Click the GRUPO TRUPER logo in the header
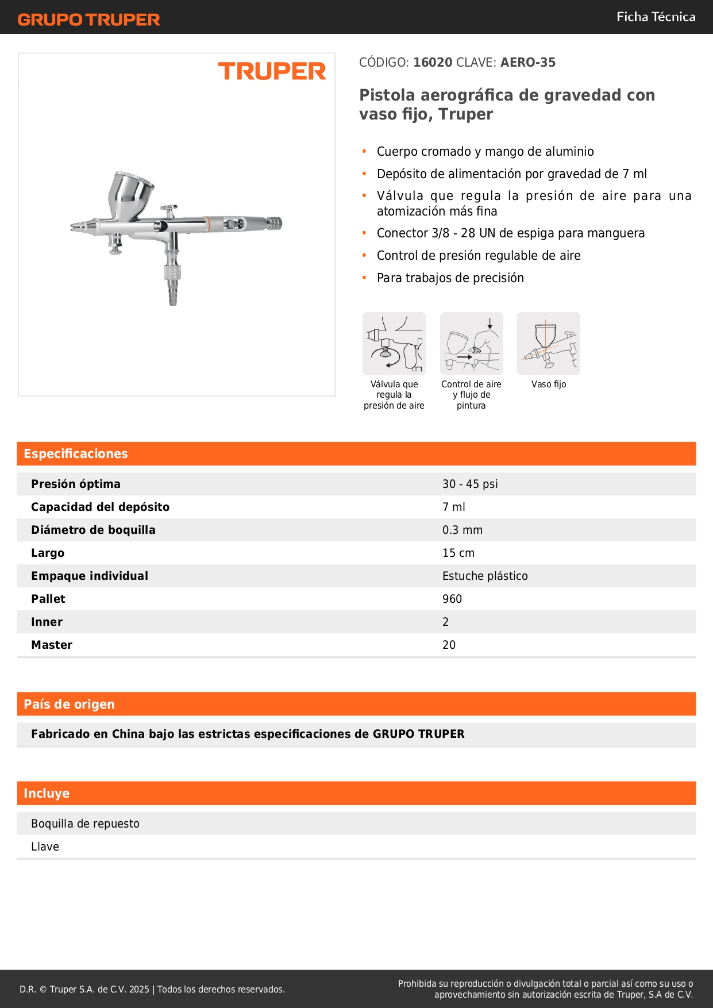[x=88, y=20]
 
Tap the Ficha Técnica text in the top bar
[x=656, y=17]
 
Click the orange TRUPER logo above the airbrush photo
[x=272, y=72]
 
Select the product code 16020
[x=433, y=62]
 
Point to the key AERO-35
[x=528, y=62]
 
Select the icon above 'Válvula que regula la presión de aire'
[x=394, y=344]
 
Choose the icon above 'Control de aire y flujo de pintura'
[x=471, y=344]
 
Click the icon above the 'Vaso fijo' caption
[x=549, y=344]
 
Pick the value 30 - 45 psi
[x=470, y=484]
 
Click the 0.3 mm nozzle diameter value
[x=463, y=530]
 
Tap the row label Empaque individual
[x=90, y=576]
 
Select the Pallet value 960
[x=452, y=599]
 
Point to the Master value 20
[x=449, y=645]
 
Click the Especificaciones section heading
[x=76, y=454]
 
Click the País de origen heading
[x=69, y=704]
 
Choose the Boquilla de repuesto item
[x=85, y=824]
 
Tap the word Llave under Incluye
[x=45, y=847]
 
